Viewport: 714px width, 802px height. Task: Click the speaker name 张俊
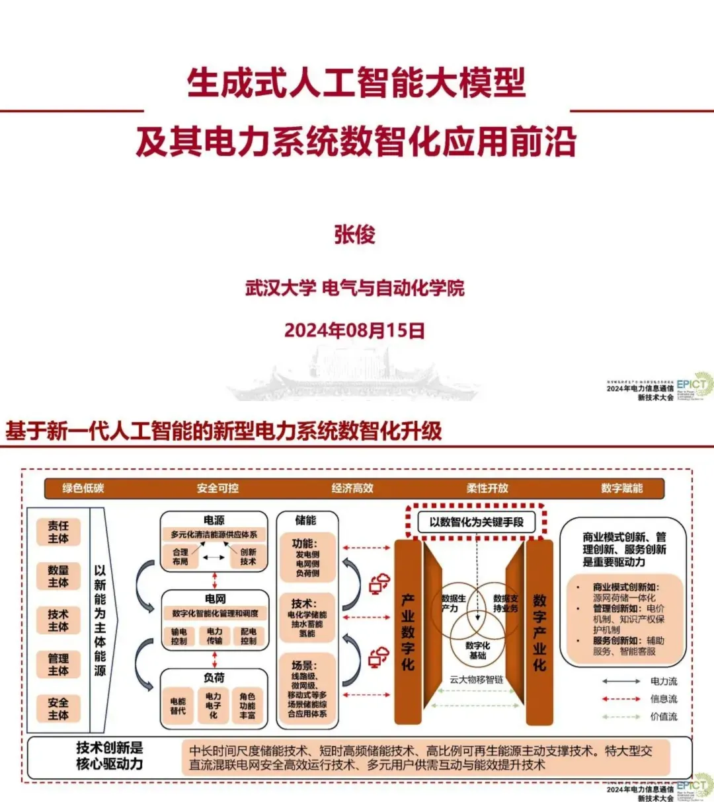pyautogui.click(x=355, y=235)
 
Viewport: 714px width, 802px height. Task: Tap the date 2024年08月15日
pyautogui.click(x=354, y=330)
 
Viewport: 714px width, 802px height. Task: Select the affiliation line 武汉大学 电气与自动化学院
pyautogui.click(x=355, y=288)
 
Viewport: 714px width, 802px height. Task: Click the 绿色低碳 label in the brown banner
pyautogui.click(x=83, y=488)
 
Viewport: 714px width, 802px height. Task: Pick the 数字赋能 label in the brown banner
pyautogui.click(x=621, y=488)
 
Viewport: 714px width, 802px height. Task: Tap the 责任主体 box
pyautogui.click(x=58, y=532)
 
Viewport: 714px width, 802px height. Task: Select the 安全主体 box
pyautogui.click(x=58, y=708)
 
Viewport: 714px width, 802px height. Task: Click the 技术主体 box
pyautogui.click(x=58, y=620)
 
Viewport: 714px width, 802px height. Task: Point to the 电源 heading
pyautogui.click(x=214, y=520)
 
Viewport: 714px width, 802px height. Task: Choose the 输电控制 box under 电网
pyautogui.click(x=179, y=636)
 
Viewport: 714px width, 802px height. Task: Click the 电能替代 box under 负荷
pyautogui.click(x=178, y=706)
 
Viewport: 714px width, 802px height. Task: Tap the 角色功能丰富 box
pyautogui.click(x=248, y=706)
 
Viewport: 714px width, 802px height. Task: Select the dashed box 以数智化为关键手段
pyautogui.click(x=476, y=522)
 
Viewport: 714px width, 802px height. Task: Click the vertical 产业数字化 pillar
pyautogui.click(x=408, y=632)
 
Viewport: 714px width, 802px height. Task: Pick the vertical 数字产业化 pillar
pyautogui.click(x=539, y=632)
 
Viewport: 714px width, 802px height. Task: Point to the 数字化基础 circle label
pyautogui.click(x=477, y=650)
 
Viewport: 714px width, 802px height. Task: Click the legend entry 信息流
pyautogui.click(x=664, y=699)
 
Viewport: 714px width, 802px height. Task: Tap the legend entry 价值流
pyautogui.click(x=664, y=717)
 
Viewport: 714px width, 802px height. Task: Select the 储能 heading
pyautogui.click(x=305, y=521)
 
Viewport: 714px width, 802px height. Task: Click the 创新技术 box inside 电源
pyautogui.click(x=248, y=556)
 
